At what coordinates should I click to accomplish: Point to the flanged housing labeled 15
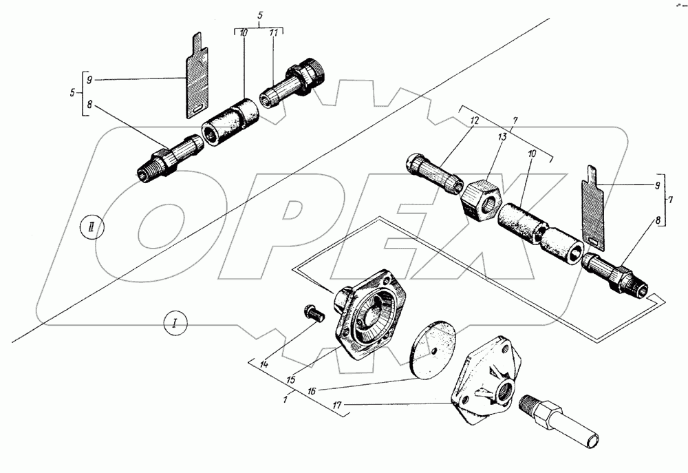[x=368, y=316]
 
